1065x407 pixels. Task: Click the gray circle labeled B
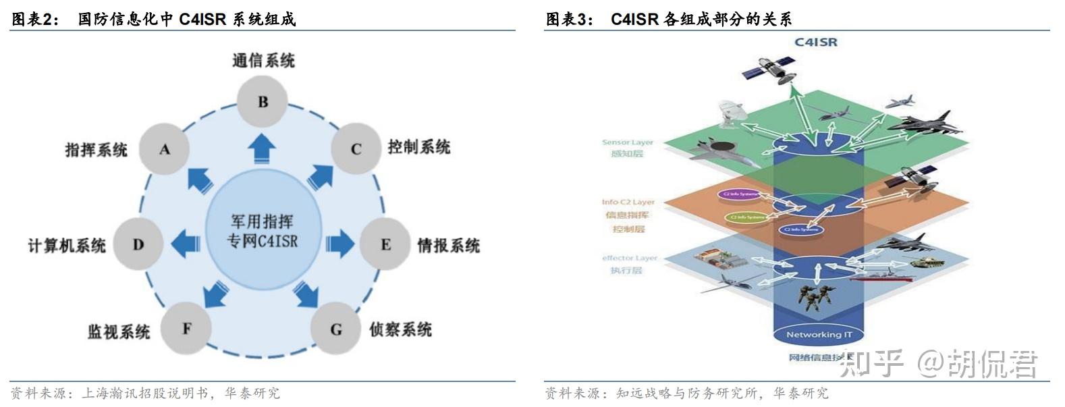pos(263,102)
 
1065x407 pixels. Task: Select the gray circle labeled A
pos(164,149)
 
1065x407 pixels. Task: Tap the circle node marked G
pos(335,329)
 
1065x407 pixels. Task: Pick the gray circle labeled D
pos(138,244)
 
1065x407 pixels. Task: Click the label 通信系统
pos(263,61)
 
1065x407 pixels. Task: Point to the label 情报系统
pos(448,245)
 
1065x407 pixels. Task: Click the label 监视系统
pos(118,331)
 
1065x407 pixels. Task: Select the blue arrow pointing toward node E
pos(339,243)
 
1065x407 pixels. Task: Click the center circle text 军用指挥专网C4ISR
pos(262,231)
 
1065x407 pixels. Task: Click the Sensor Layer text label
pos(627,142)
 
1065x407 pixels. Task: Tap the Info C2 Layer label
pos(628,202)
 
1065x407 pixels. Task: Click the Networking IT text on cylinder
pos(819,334)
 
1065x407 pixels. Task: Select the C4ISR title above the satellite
pos(815,42)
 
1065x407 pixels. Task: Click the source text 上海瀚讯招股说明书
pos(144,393)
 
